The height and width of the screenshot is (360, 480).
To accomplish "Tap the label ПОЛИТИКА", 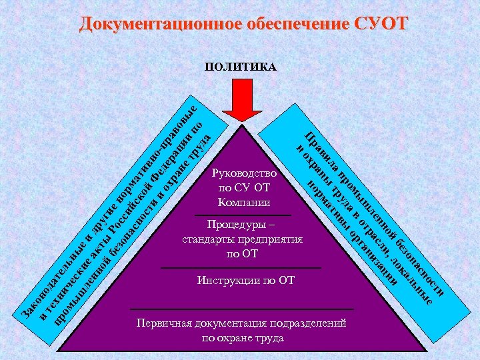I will click(241, 68).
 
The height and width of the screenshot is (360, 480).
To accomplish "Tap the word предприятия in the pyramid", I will click(269, 239).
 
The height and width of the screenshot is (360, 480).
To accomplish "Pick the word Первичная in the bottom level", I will click(162, 324).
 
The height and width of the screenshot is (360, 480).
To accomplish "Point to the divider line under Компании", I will click(243, 215).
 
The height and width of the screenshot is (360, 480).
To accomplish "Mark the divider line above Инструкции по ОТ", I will click(241, 268).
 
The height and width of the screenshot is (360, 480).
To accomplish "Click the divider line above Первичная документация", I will click(241, 309).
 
